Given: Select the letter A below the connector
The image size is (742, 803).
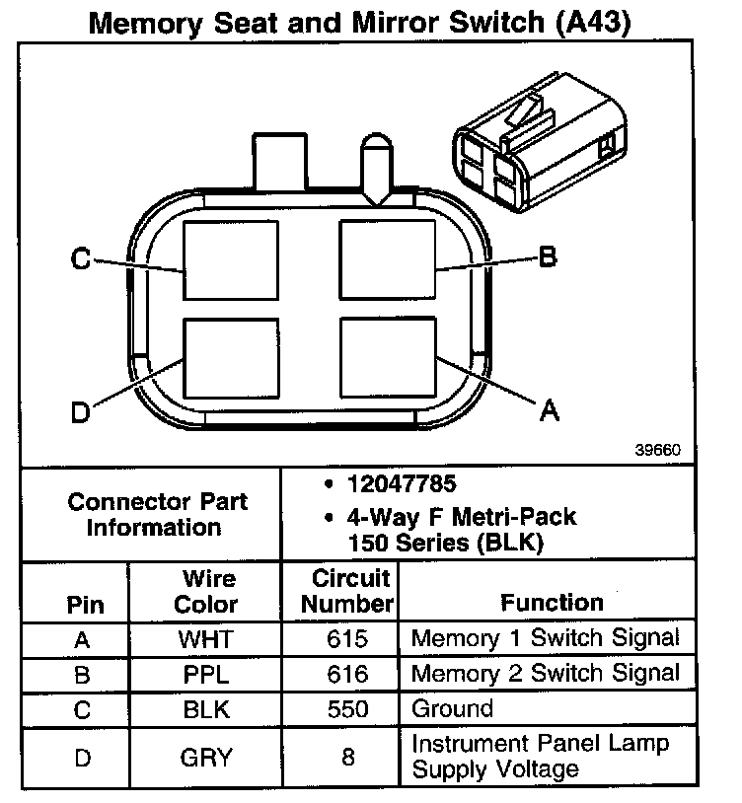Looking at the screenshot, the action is click(549, 409).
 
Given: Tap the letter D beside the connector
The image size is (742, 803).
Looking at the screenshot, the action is click(81, 412).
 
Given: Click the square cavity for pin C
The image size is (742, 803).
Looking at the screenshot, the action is click(231, 259).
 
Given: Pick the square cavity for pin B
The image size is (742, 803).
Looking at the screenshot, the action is click(387, 258).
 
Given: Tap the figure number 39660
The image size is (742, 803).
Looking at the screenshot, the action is click(657, 449).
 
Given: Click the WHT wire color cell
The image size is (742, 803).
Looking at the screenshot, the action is click(205, 639).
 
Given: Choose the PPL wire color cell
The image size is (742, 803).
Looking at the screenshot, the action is click(205, 675).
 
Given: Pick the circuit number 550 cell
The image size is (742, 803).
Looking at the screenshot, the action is click(347, 709).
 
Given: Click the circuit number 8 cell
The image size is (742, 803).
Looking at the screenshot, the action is click(347, 757).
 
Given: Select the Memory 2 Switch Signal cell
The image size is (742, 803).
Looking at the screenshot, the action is click(545, 674).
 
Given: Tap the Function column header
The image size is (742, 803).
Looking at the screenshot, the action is click(552, 602).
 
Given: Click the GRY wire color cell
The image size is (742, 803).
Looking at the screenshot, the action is click(205, 757).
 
